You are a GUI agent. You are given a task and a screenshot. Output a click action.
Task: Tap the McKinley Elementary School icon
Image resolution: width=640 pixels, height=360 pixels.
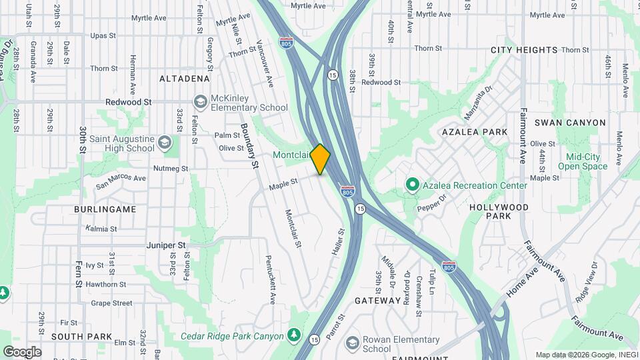click(x=199, y=102)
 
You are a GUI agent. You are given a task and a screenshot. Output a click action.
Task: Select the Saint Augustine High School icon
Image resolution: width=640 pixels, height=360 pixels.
click(x=164, y=143)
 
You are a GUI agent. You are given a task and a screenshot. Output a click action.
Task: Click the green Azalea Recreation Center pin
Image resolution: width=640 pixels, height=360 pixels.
click(x=412, y=185)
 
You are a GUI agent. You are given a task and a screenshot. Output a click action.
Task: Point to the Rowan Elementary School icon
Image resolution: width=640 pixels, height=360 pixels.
click(x=353, y=343)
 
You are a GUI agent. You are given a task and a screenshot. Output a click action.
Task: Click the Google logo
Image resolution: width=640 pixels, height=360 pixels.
click(x=22, y=351)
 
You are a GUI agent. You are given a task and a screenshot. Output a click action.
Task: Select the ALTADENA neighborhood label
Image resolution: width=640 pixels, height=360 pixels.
click(x=185, y=79)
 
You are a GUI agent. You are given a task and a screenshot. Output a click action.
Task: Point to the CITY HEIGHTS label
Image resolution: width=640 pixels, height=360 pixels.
click(x=524, y=50)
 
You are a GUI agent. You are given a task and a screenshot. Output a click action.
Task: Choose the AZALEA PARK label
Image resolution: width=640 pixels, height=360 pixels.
click(x=475, y=133)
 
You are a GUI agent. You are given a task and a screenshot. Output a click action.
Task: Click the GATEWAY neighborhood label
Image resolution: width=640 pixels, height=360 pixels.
click(x=377, y=301)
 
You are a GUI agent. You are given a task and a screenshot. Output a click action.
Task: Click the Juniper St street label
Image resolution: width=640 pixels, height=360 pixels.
click(x=167, y=245)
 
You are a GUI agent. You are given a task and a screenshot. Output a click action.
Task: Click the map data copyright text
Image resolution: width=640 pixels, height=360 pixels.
click(x=586, y=355)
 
